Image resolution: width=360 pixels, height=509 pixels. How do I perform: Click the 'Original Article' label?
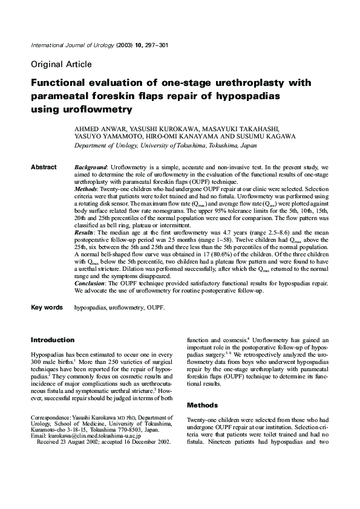coord(61,63)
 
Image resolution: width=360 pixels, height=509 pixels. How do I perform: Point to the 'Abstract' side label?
coord(44,167)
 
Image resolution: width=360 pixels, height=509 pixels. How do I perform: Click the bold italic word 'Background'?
coord(90,167)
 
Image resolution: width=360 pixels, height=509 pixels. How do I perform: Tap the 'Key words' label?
coord(47,308)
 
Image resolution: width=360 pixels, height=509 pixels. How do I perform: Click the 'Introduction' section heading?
coord(53,340)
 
